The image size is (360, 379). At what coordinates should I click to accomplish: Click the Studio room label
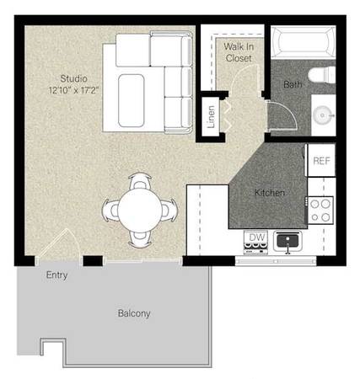(x=73, y=79)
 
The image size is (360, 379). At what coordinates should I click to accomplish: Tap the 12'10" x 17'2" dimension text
(x=73, y=90)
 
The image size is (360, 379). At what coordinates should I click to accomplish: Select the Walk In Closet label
(x=239, y=52)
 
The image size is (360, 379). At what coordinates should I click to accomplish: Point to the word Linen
(x=211, y=117)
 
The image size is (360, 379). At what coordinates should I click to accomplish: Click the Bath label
(x=293, y=84)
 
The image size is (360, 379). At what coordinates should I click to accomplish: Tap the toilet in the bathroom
(x=322, y=75)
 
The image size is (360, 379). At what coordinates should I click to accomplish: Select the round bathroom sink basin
(x=323, y=115)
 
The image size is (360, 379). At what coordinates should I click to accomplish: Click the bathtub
(x=304, y=42)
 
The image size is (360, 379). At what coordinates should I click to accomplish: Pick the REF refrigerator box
(x=321, y=160)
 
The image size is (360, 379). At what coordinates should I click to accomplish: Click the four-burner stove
(x=320, y=210)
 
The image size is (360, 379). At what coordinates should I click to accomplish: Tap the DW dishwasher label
(x=257, y=238)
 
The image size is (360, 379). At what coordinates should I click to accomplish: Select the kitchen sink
(x=287, y=241)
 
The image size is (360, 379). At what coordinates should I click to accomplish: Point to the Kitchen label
(x=270, y=193)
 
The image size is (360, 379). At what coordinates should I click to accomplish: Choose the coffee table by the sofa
(x=132, y=100)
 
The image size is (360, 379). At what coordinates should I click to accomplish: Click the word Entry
(x=56, y=275)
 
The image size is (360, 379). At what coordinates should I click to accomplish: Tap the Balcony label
(x=134, y=313)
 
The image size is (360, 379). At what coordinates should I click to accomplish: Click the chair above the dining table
(x=140, y=180)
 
